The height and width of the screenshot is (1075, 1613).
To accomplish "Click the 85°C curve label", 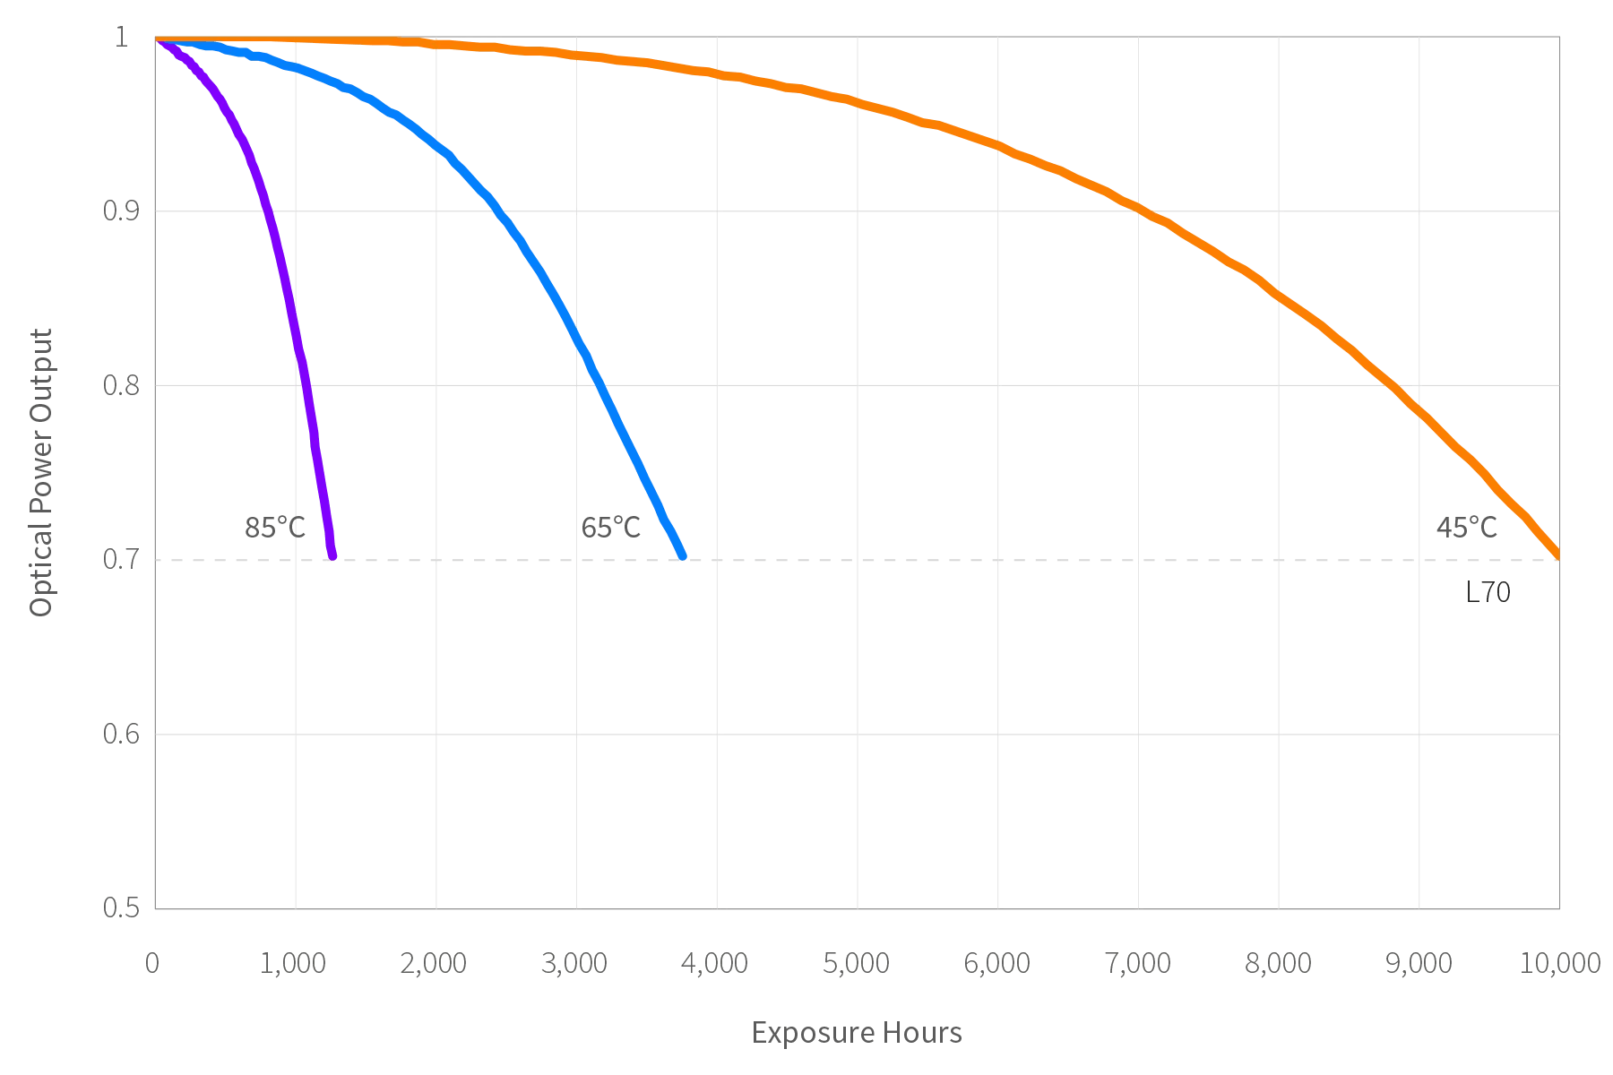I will pos(276,529).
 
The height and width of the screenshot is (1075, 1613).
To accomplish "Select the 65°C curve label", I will pos(611,529).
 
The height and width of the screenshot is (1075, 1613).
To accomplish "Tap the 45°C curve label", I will pos(1467,529).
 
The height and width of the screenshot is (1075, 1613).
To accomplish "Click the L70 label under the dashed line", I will pos(1488,593).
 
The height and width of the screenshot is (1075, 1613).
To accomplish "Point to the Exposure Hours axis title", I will pos(857,1033).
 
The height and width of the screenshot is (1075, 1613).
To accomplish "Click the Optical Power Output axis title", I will pos(42,473).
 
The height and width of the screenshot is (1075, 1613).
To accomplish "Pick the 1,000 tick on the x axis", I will pos(296,964).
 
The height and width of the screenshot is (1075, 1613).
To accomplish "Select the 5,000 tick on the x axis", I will pos(858,964).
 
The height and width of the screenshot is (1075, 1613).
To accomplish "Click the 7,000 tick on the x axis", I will pos(1138,964).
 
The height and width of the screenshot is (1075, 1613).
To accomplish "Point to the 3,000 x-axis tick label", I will pos(576,964).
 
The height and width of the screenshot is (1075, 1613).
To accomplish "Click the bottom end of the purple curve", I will pos(332,555).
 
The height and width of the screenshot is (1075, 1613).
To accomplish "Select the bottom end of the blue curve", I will pos(683,556).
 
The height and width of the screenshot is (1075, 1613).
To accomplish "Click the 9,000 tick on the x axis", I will pos(1419,964).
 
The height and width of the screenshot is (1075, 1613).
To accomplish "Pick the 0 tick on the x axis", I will pos(153,964).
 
